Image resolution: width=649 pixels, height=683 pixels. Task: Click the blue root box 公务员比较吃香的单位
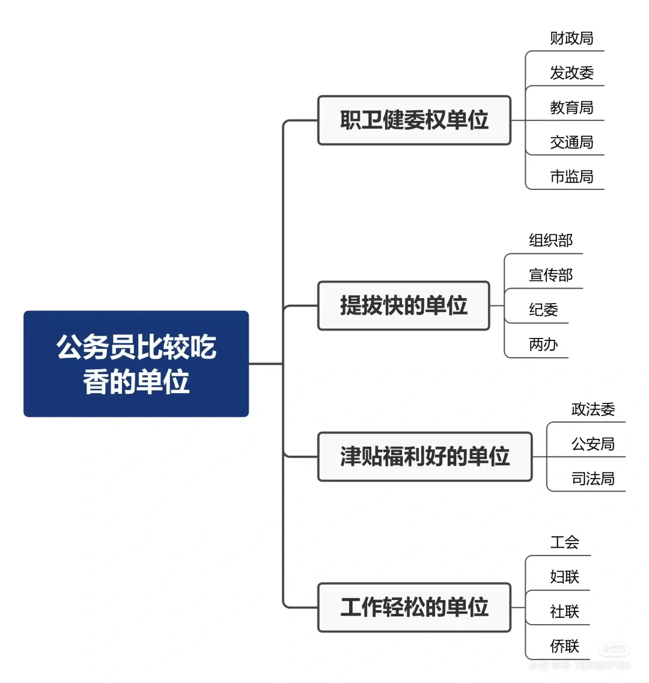136,364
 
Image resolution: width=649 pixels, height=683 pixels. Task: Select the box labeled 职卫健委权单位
414,120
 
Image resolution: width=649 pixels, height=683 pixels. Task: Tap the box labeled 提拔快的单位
403,305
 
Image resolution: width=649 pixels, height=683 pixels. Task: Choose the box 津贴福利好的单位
425,456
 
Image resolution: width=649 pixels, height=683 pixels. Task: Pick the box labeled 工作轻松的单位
414,607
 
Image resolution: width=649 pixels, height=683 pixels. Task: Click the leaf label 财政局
571,38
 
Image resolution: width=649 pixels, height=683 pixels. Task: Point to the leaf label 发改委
571,73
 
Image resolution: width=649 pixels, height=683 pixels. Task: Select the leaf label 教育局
571,108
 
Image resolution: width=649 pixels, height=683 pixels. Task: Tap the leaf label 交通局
571,142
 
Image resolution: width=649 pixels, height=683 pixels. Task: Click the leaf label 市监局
571,177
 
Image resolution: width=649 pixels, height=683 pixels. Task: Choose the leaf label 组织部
550,240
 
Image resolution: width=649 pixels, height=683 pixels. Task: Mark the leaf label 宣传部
550,275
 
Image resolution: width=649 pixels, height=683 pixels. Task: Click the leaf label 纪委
543,310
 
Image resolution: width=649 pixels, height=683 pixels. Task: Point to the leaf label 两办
543,345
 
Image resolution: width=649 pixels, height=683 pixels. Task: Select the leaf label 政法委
593,409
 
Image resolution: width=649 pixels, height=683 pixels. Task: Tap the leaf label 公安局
593,444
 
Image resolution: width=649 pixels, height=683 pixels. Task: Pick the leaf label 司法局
593,479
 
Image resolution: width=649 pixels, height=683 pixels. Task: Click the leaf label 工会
564,542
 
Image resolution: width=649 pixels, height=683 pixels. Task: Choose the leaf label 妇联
564,577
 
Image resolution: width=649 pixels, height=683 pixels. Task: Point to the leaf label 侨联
564,646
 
